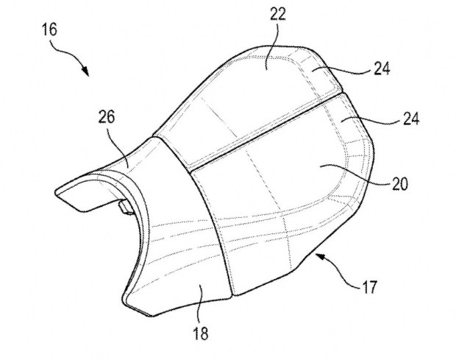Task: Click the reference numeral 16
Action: click(50, 29)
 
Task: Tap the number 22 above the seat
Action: click(278, 14)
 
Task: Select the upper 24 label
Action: click(382, 68)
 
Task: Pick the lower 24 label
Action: click(411, 119)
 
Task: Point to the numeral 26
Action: click(107, 117)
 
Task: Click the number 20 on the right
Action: click(400, 184)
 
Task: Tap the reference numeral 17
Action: click(369, 286)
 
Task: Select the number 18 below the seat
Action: click(201, 333)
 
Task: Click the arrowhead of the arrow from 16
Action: click(85, 71)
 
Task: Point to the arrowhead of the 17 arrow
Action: click(320, 256)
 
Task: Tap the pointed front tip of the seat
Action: click(57, 192)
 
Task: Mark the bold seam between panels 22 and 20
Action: click(266, 132)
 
